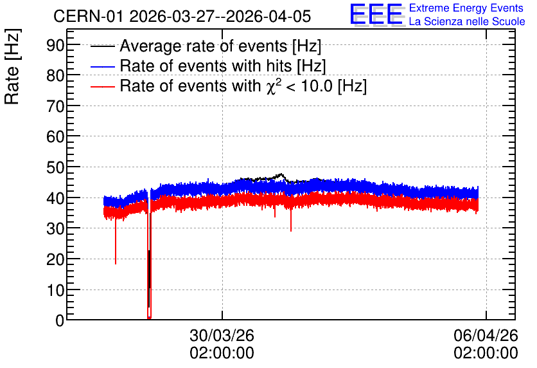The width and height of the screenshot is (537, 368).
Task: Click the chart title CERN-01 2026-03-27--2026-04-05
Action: pyautogui.click(x=182, y=16)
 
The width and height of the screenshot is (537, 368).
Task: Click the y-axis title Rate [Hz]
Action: pyautogui.click(x=12, y=66)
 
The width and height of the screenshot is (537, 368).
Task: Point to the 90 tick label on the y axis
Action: pyautogui.click(x=55, y=44)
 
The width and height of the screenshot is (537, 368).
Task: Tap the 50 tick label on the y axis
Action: pyautogui.click(x=55, y=167)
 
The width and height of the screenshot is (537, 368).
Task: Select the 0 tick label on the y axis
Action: pyautogui.click(x=60, y=320)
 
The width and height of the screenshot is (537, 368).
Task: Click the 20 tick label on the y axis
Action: pyautogui.click(x=55, y=259)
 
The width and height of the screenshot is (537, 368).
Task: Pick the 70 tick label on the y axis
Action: pyautogui.click(x=55, y=106)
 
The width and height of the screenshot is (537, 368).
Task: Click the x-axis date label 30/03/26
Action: pyautogui.click(x=222, y=335)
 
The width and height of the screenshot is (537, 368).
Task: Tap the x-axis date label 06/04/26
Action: pyautogui.click(x=486, y=335)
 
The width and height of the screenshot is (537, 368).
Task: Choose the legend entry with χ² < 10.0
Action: pyautogui.click(x=243, y=86)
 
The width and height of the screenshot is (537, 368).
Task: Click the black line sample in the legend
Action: pyautogui.click(x=102, y=46)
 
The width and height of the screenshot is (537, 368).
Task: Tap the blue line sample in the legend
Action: pyautogui.click(x=102, y=66)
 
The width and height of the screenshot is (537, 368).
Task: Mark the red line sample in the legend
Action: pyautogui.click(x=102, y=86)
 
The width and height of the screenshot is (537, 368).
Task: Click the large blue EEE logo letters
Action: pyautogui.click(x=377, y=14)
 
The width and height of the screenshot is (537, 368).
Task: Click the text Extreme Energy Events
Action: pyautogui.click(x=466, y=8)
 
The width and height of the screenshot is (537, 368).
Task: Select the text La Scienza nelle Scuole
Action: pyautogui.click(x=467, y=21)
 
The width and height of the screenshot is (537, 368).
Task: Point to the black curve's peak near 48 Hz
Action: pyautogui.click(x=281, y=174)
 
